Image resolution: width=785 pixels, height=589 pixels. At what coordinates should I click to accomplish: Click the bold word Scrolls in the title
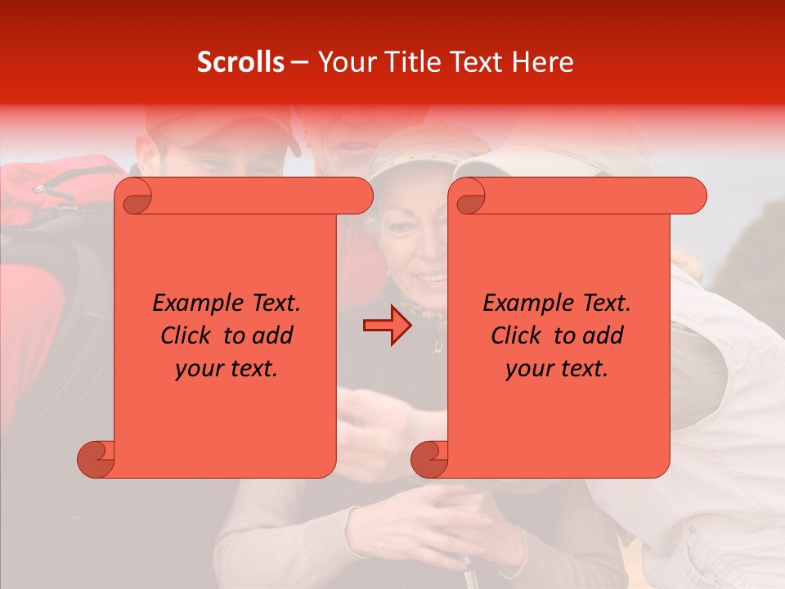click(240, 62)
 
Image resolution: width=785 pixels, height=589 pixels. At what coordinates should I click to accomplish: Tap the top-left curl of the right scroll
click(469, 197)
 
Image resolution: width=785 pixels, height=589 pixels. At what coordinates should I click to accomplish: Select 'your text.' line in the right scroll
click(557, 369)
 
